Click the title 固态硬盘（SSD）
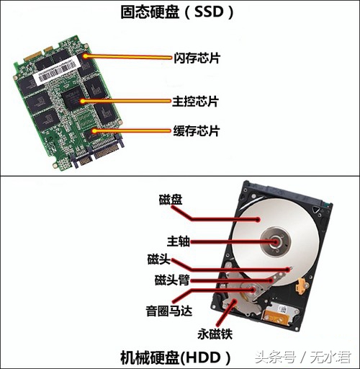pyautogui.click(x=179, y=12)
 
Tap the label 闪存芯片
pyautogui.click(x=197, y=55)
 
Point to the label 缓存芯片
pyautogui.click(x=197, y=131)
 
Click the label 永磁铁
pyautogui.click(x=215, y=334)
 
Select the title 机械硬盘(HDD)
pyautogui.click(x=179, y=357)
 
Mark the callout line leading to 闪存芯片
pyautogui.click(x=130, y=55)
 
